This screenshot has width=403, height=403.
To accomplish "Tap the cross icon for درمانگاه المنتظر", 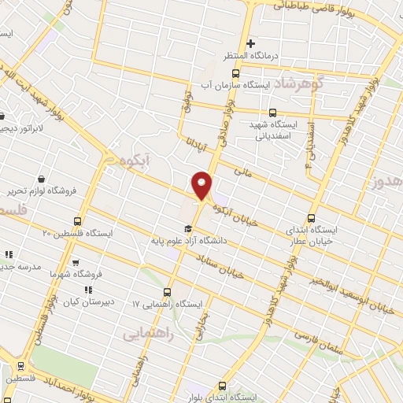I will tap(251, 43).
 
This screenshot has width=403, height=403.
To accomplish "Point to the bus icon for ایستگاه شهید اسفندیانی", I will tap(273, 113).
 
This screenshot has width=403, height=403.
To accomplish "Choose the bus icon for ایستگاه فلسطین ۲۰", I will tap(77, 221).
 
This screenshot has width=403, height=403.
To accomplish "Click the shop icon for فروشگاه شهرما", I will tap(76, 264).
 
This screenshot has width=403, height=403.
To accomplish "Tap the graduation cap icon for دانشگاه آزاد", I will tap(187, 229).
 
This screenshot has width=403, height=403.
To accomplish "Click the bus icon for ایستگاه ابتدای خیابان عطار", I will tap(311, 218).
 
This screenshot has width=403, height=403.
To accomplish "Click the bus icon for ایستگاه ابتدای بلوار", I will tap(221, 386).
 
